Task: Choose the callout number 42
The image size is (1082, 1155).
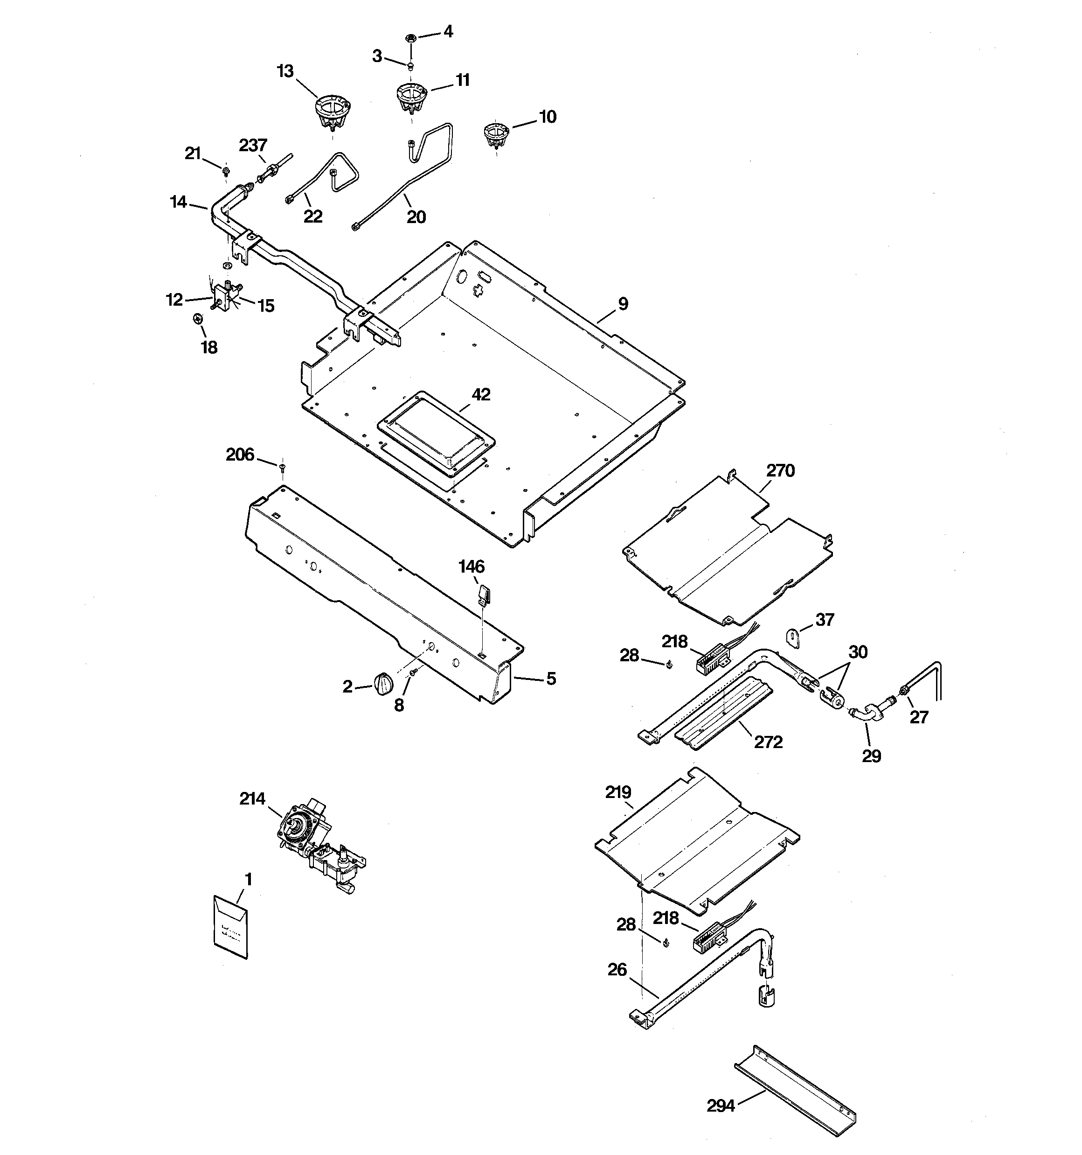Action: (x=481, y=394)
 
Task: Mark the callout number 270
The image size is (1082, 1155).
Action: (x=780, y=470)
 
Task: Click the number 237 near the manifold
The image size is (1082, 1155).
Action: (x=253, y=145)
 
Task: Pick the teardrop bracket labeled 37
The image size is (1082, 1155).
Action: (x=793, y=637)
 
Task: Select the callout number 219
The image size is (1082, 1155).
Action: (x=618, y=792)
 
